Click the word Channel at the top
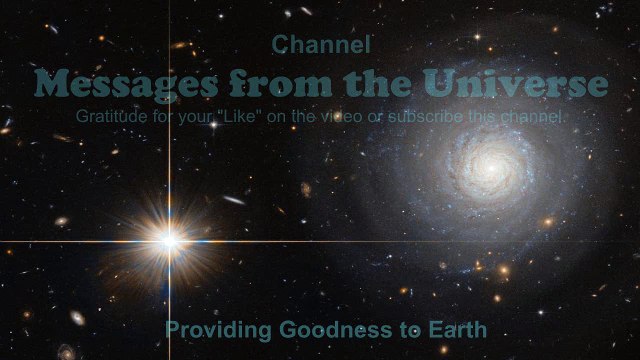pos(321,44)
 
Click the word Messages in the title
pos(126,84)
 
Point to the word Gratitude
pos(111,116)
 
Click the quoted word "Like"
pos(240,116)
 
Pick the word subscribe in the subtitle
pos(426,117)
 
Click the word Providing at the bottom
pos(218,330)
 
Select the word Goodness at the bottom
pos(336,330)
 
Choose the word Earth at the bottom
pos(458,330)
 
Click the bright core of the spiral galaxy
pos(492,168)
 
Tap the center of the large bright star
pos(169,241)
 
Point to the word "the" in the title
pos(377,83)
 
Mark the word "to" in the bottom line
pos(410,331)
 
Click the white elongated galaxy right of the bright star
pos(234,200)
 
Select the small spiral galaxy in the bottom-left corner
pos(67,352)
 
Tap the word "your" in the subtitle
pos(195,118)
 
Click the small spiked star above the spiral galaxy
pos(477,37)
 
